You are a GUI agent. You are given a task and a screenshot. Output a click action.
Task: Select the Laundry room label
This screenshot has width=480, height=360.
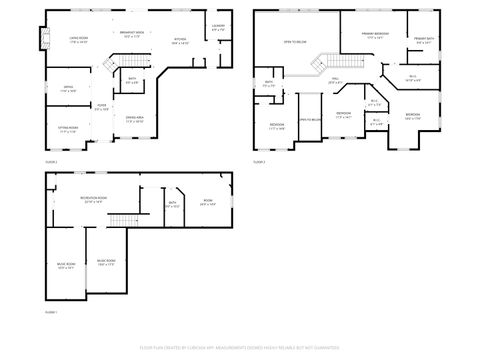click(x=219, y=28)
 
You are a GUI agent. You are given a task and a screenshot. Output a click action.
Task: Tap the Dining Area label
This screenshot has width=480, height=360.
click(x=134, y=119)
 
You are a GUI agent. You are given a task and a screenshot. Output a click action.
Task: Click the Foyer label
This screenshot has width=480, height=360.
click(x=101, y=105)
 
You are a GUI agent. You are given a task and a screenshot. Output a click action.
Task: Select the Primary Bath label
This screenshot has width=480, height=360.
click(x=423, y=41)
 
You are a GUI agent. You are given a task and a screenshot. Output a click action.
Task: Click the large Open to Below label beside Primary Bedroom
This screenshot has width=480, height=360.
click(x=294, y=42)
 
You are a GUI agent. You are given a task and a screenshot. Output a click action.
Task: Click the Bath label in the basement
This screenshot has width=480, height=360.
click(x=172, y=204)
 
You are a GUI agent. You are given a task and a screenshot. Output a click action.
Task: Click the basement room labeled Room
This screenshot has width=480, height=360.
click(x=208, y=202)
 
